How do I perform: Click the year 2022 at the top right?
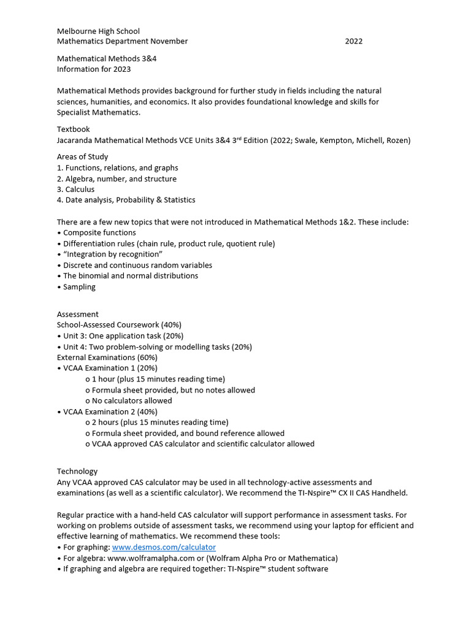(353, 42)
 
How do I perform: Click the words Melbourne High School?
(98, 31)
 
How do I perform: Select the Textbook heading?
(74, 129)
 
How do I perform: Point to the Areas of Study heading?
(83, 157)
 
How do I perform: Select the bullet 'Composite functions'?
(99, 233)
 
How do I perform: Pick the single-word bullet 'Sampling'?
(79, 287)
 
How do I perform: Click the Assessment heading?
(78, 315)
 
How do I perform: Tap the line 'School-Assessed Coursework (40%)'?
(119, 325)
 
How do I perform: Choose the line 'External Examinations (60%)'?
(107, 358)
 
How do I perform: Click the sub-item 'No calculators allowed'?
(132, 401)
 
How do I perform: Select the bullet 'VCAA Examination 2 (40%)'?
(110, 412)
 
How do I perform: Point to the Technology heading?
(77, 472)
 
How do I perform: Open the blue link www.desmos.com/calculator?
(164, 547)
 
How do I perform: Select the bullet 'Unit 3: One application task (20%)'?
(123, 336)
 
